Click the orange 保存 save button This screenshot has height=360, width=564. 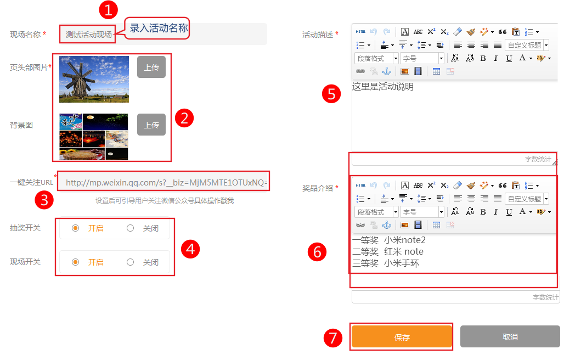pos(402,336)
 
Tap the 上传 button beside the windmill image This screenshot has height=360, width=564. pos(151,67)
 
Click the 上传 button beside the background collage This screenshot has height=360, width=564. pos(151,125)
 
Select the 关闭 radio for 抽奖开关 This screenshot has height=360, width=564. pos(130,228)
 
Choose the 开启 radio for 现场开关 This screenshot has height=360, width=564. pos(75,262)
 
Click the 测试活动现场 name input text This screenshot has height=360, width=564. pos(88,35)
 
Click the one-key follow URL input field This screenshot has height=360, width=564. pos(163,182)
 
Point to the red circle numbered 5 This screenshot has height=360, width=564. pos(331,94)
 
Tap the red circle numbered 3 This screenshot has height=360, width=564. pos(44,200)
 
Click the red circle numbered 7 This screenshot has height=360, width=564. pos(332,338)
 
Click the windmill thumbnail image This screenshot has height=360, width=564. pos(94,79)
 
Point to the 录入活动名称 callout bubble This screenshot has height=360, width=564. pos(157,28)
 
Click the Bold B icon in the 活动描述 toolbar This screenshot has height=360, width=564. pos(483,58)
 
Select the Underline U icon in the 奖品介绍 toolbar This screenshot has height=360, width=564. pos(509,212)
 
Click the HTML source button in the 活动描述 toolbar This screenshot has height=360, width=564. pos(360,32)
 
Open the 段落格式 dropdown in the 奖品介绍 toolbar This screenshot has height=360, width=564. pos(376,212)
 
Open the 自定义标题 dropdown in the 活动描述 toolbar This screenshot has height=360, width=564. pos(527,45)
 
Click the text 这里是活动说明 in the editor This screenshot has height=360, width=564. pos(383,87)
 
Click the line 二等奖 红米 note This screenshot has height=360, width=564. pos(388,251)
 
